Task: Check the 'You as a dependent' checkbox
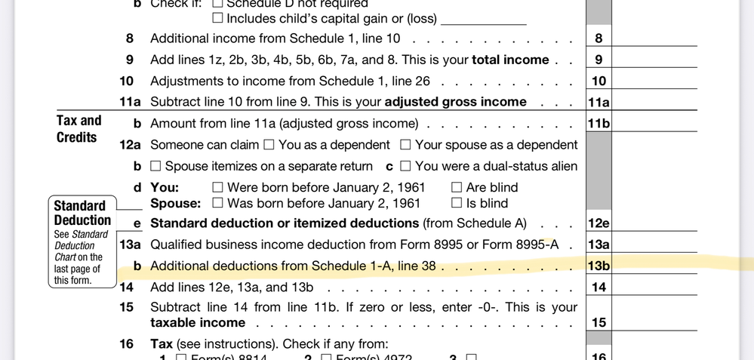pyautogui.click(x=268, y=145)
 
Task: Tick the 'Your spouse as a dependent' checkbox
pyautogui.click(x=405, y=145)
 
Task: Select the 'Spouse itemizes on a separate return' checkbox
pyautogui.click(x=155, y=166)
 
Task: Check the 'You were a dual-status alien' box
pyautogui.click(x=405, y=166)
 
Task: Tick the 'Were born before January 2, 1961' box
pyautogui.click(x=217, y=187)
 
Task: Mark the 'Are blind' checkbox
pyautogui.click(x=456, y=187)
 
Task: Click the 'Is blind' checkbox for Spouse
pyautogui.click(x=456, y=203)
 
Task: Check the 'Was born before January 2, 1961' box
pyautogui.click(x=217, y=203)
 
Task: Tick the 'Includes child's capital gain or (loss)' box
pyautogui.click(x=217, y=18)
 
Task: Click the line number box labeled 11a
pyautogui.click(x=599, y=103)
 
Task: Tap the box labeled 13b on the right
pyautogui.click(x=599, y=266)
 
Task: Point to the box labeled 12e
pyautogui.click(x=599, y=223)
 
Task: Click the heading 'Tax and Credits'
pyautogui.click(x=78, y=129)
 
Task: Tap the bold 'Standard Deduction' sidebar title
pyautogui.click(x=82, y=213)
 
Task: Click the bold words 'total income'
pyautogui.click(x=510, y=60)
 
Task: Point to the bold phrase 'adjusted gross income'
pyautogui.click(x=456, y=102)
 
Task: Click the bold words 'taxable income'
pyautogui.click(x=198, y=322)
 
